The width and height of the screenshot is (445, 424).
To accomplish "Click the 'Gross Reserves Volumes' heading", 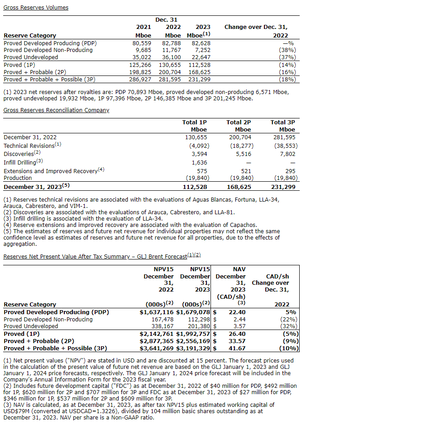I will (36, 8).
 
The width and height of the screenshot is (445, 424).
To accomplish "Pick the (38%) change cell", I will (287, 50).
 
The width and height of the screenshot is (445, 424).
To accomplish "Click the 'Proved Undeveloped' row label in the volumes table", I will (31, 57).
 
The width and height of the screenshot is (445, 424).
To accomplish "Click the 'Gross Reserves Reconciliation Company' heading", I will (56, 110).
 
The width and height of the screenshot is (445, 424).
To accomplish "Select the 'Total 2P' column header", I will (239, 122).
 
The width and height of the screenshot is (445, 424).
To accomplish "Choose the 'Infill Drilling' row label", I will (21, 162).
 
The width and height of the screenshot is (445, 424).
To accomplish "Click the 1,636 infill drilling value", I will (199, 162).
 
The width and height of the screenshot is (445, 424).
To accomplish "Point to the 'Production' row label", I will (18, 178).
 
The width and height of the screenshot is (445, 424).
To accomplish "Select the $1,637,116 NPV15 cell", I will (157, 312).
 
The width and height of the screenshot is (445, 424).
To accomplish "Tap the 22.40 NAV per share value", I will (237, 312).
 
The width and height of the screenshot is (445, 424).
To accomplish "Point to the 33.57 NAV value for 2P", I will (237, 341).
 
